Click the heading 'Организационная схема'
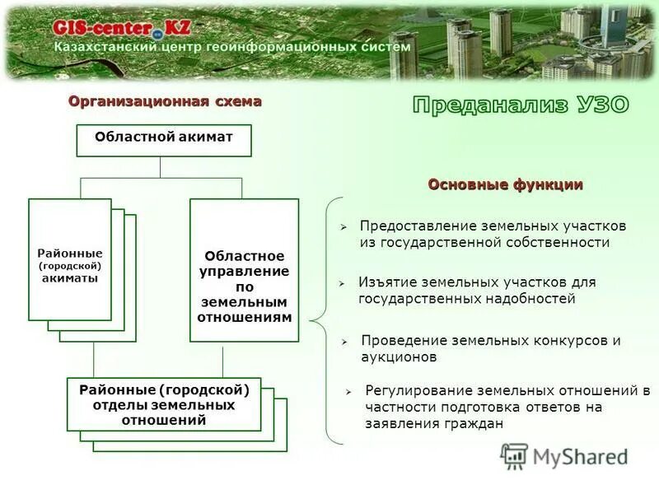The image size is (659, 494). tap(165, 101)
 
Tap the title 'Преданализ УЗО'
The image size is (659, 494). tap(520, 105)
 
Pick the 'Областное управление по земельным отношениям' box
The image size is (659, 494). tap(245, 270)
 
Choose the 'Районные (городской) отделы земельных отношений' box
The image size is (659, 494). tap(164, 404)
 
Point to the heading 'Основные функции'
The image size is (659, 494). tap(505, 184)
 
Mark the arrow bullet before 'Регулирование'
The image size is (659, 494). tap(349, 391)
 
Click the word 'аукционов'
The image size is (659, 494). tap(399, 357)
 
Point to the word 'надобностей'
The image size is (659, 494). tap(534, 299)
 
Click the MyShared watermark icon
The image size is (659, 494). tap(514, 455)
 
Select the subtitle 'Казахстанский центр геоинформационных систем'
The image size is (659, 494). tap(232, 48)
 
